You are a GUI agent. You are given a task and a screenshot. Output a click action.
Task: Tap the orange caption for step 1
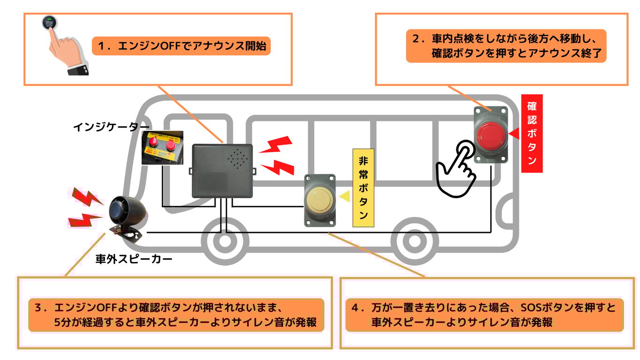coord(181,46)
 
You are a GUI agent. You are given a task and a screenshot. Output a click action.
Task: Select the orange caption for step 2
coord(506,46)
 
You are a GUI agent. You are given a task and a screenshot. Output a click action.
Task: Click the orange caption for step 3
coord(176,315)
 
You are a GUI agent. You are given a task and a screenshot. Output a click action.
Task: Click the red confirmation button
coord(491,135)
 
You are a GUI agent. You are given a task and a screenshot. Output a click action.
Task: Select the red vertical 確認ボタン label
coord(532,134)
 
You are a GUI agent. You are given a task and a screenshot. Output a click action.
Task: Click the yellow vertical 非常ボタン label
coord(363,187)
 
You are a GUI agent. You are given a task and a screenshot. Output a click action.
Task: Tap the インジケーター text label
coord(111,127)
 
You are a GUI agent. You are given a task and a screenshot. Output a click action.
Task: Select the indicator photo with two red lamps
coord(162,148)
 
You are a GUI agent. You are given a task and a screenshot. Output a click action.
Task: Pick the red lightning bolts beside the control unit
coord(276,155)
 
